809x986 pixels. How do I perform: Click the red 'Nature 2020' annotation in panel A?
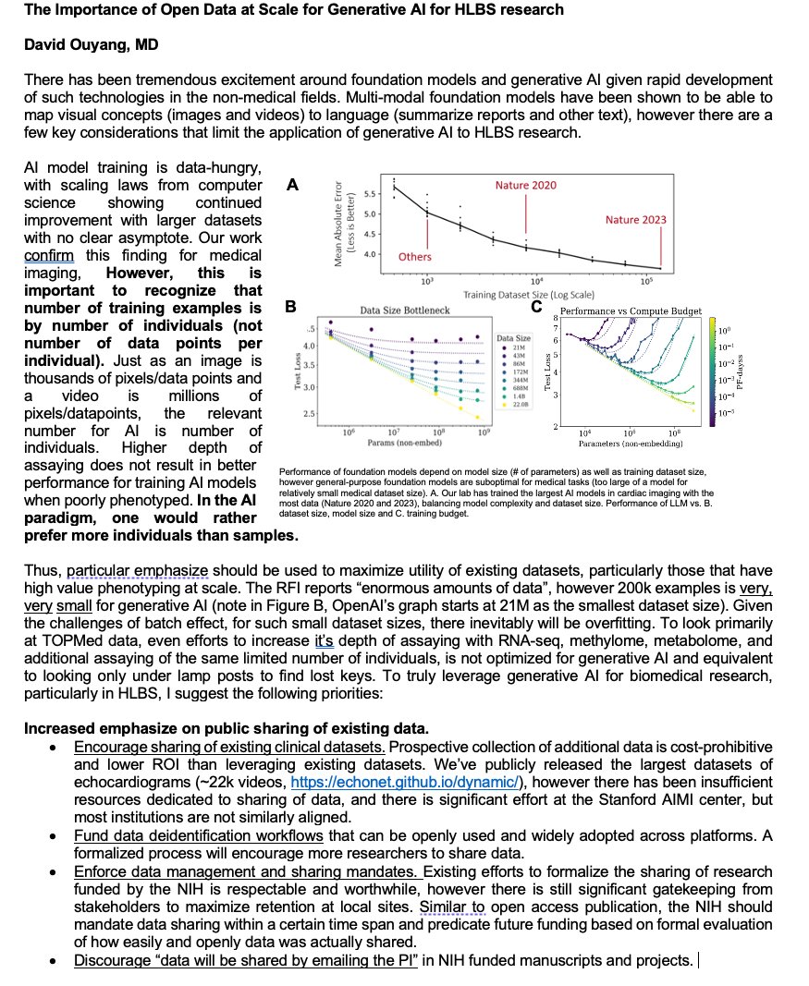click(x=525, y=186)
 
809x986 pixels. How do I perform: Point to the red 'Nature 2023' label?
click(x=635, y=220)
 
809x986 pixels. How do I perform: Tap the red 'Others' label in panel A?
click(x=414, y=257)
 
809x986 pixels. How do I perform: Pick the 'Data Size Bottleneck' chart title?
click(x=405, y=311)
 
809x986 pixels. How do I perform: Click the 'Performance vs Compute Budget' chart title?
click(x=630, y=311)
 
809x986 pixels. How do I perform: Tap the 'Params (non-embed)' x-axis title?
click(x=404, y=444)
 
